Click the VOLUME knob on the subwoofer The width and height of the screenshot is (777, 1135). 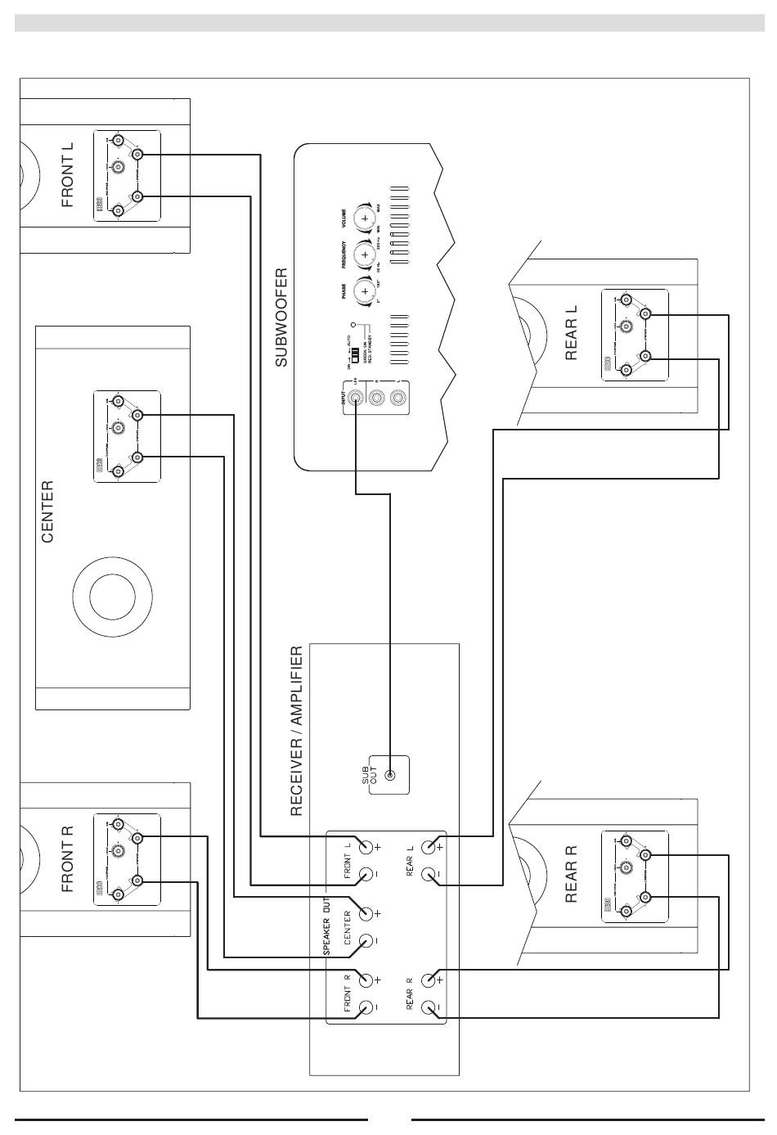point(365,218)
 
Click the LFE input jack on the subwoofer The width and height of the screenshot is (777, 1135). point(356,399)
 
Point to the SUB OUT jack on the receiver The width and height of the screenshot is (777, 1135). point(390,776)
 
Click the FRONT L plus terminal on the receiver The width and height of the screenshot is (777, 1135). point(364,848)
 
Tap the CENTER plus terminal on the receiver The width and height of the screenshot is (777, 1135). point(364,913)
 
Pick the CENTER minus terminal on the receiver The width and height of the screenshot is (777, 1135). point(364,941)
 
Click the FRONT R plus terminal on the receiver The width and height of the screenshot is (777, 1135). point(364,980)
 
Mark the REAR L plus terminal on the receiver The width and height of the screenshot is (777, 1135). point(429,848)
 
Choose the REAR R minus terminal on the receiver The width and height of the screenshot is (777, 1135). point(429,1007)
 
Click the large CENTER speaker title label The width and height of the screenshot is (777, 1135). point(47,511)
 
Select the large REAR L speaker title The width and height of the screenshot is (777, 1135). point(572,333)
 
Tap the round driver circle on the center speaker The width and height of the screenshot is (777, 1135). point(112,595)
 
